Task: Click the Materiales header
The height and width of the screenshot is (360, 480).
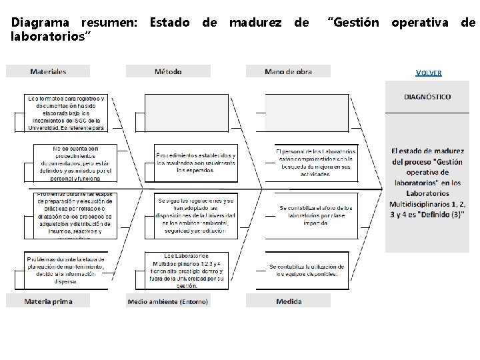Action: click(48, 71)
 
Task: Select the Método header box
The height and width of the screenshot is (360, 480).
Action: click(168, 71)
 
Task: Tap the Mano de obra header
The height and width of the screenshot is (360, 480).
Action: click(288, 71)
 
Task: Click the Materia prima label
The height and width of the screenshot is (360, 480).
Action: click(48, 301)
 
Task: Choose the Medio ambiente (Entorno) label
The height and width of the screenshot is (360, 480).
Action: click(168, 301)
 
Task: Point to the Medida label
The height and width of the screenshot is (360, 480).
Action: click(289, 301)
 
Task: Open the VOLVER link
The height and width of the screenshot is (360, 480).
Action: click(428, 73)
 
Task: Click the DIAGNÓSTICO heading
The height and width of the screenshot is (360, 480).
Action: click(427, 97)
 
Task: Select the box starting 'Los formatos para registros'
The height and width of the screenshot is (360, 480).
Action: click(66, 113)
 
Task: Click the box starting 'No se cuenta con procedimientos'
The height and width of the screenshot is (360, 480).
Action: click(75, 163)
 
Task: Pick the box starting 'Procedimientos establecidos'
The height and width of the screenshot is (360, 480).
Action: click(196, 163)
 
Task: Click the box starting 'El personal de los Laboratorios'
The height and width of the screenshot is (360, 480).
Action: click(315, 163)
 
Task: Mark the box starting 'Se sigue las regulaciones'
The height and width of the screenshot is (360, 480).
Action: click(196, 215)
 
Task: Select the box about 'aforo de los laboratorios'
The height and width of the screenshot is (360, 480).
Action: click(315, 215)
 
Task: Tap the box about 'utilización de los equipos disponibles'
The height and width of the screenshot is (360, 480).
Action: click(303, 270)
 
